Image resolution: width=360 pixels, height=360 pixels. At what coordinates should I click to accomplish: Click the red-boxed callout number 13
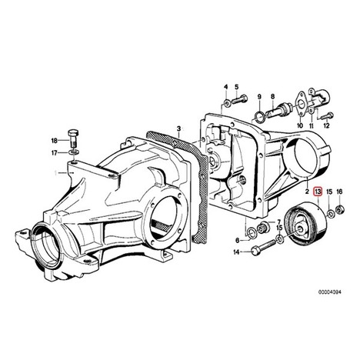[318, 192]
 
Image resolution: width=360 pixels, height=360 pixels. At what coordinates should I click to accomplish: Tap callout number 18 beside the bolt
[55, 141]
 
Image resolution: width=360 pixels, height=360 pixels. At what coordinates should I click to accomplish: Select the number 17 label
[55, 153]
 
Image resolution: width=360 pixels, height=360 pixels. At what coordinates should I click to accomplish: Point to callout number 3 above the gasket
[179, 128]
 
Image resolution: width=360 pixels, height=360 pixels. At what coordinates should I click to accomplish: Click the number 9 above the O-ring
[259, 97]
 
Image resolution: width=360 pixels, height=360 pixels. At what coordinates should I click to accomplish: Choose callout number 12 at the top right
[326, 125]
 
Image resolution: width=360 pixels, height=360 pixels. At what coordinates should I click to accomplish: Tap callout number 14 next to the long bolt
[236, 252]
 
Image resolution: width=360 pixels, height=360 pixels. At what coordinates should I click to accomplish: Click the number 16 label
[339, 192]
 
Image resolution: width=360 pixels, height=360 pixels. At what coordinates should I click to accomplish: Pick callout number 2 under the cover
[307, 192]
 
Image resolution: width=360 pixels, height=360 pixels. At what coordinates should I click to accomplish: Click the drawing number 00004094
[330, 292]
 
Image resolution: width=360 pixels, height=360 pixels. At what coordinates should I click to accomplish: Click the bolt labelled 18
[73, 140]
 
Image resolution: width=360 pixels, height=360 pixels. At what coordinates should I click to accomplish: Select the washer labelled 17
[74, 153]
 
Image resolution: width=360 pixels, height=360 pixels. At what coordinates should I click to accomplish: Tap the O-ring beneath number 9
[259, 116]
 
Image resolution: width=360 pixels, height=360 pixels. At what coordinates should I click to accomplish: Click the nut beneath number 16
[340, 211]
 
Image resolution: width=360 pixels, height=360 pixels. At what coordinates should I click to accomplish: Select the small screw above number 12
[328, 116]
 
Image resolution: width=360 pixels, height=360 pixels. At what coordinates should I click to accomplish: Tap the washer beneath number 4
[227, 104]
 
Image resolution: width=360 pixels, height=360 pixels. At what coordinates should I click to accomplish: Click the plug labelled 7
[263, 227]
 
